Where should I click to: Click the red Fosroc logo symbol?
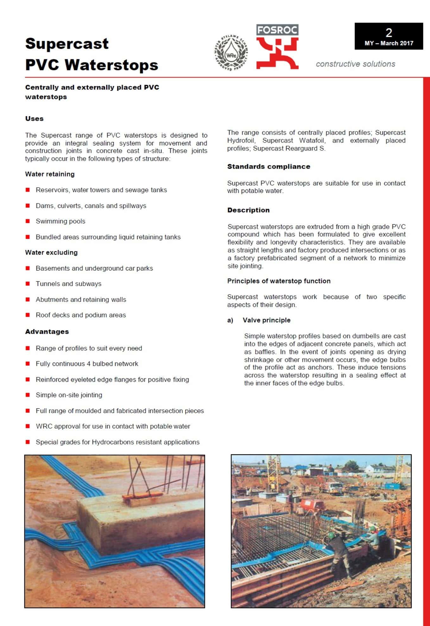tap(277, 53)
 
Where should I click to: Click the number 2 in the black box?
tap(389, 33)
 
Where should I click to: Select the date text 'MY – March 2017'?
tap(389, 43)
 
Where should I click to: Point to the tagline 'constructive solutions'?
tap(355, 64)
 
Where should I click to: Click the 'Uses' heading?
tap(34, 119)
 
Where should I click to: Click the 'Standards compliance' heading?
tap(269, 167)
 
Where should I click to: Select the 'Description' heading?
tap(248, 210)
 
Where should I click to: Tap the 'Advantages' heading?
tap(47, 332)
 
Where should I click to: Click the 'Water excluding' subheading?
tap(51, 252)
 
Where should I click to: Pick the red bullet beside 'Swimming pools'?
tap(28, 221)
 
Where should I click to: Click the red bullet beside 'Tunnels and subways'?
tap(28, 284)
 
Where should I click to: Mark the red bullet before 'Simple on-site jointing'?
tap(28, 395)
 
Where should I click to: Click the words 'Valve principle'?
tap(266, 320)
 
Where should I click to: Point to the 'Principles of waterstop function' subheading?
tap(279, 281)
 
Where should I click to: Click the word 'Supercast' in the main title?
tap(67, 44)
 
